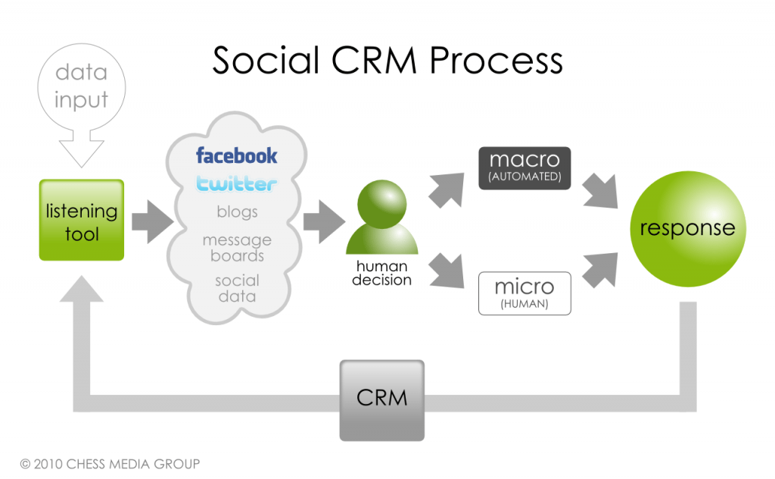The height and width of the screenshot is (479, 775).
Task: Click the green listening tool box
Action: click(82, 220)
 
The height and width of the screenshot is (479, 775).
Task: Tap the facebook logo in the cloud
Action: click(237, 156)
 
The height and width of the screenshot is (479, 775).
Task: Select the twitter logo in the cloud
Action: click(237, 183)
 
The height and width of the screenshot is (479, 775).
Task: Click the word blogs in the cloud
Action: click(237, 212)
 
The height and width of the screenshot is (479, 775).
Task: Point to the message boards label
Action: click(237, 248)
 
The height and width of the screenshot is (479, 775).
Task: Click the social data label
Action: click(237, 288)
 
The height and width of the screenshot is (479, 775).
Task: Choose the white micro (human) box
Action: click(524, 293)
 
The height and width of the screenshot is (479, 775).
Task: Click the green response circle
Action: click(687, 229)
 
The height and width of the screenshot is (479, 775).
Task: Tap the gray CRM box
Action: click(381, 399)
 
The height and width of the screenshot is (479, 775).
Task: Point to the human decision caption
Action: click(382, 274)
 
